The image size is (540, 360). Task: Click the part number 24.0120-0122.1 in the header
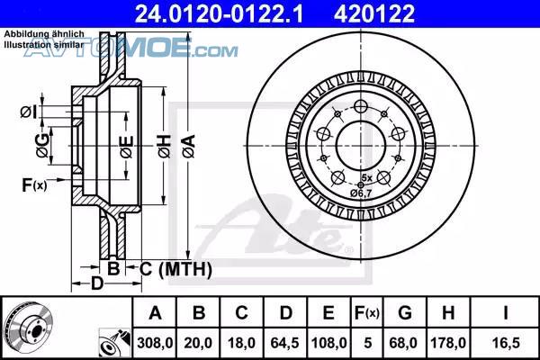(219, 13)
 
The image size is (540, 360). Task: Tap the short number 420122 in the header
(374, 13)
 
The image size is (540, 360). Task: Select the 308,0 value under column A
(155, 343)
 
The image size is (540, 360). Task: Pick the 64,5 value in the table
(284, 343)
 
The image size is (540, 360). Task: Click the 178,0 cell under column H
(448, 343)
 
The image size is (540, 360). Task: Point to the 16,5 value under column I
(506, 343)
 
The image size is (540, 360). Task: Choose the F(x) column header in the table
(367, 313)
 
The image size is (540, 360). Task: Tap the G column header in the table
(405, 313)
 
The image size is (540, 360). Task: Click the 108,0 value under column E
(328, 343)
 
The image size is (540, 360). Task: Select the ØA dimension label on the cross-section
(189, 146)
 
